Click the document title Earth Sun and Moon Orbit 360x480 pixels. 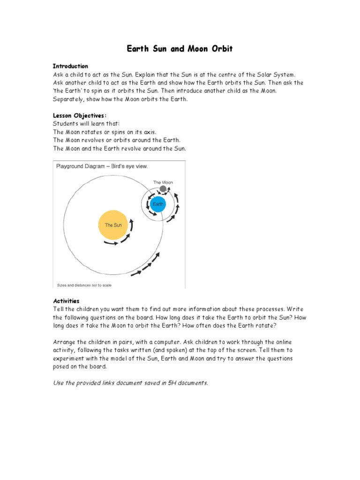click(180, 49)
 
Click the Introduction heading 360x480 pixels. click(70, 66)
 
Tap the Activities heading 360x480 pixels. click(66, 301)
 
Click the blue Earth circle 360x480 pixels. click(158, 204)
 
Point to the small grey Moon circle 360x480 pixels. click(163, 189)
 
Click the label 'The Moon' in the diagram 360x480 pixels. click(162, 182)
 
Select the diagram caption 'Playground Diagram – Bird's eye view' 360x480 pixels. click(102, 166)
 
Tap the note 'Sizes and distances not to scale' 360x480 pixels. click(84, 285)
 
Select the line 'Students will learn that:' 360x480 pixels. click(86, 123)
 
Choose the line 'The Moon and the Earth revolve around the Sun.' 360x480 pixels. click(120, 149)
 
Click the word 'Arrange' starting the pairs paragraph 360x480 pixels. click(65, 342)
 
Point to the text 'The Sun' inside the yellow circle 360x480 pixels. click(113, 225)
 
